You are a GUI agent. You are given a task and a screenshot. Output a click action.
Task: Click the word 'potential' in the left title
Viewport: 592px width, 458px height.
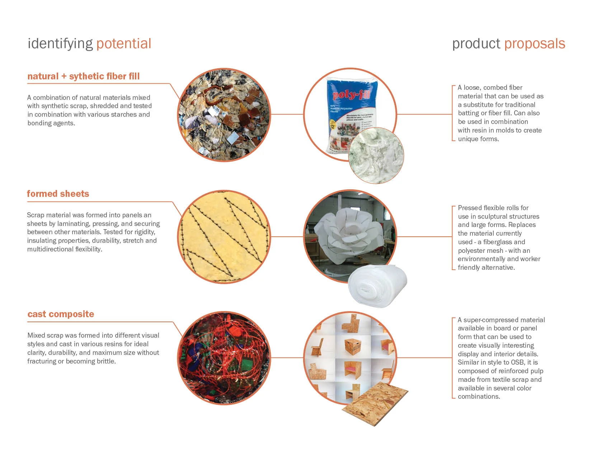pyautogui.click(x=124, y=44)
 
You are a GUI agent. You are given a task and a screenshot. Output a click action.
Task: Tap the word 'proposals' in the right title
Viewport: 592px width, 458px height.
pyautogui.click(x=535, y=44)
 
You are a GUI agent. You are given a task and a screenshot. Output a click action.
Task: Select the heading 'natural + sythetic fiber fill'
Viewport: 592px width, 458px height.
pyautogui.click(x=83, y=76)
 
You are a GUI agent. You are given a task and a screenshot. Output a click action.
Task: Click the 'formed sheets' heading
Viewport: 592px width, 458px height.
pyautogui.click(x=58, y=194)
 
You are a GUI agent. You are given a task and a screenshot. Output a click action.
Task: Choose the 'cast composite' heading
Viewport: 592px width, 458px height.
pyautogui.click(x=61, y=314)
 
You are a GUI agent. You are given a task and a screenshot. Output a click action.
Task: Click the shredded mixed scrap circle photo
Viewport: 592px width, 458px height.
pyautogui.click(x=224, y=115)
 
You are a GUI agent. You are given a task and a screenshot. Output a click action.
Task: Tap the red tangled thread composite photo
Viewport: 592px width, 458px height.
pyautogui.click(x=224, y=357)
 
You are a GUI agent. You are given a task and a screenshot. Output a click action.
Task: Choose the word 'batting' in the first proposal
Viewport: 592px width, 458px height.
pyautogui.click(x=469, y=113)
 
